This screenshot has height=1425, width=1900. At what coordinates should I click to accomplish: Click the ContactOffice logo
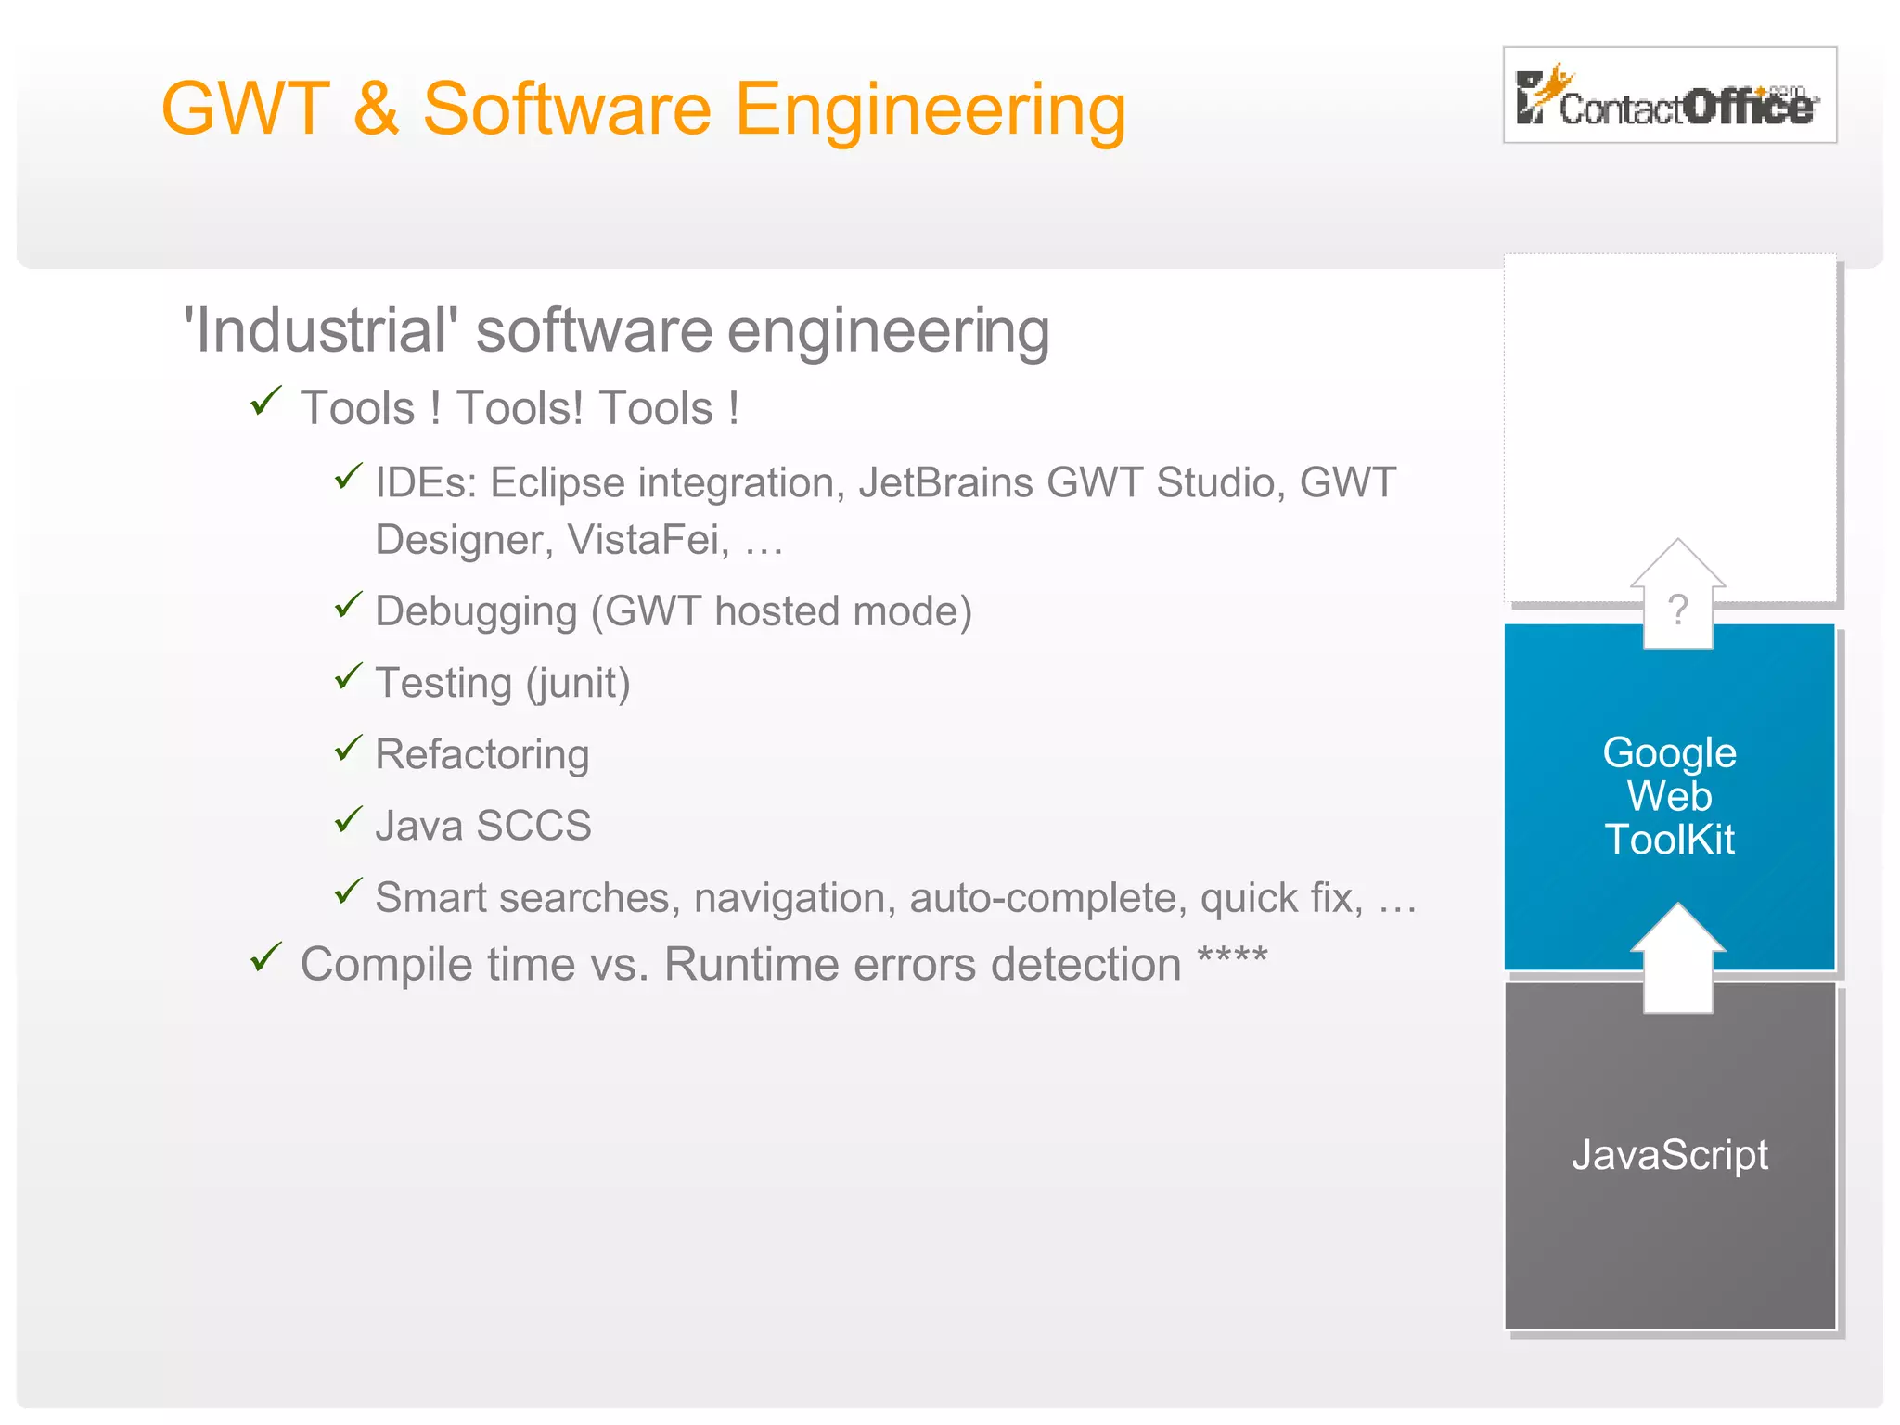click(1668, 96)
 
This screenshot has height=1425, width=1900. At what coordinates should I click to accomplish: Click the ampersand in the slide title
click(376, 109)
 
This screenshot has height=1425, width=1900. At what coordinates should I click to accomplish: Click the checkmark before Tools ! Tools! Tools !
click(266, 402)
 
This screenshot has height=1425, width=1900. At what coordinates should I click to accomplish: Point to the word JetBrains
click(944, 483)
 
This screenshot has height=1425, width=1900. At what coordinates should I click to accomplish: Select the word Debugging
click(476, 612)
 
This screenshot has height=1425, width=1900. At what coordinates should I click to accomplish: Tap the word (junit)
click(578, 684)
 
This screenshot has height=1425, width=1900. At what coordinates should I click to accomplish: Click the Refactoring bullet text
click(481, 754)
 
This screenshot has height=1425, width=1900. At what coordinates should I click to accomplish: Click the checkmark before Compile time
click(266, 957)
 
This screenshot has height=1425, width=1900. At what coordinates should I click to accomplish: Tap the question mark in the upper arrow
click(1677, 610)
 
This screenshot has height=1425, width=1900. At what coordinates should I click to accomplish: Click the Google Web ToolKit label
click(1669, 796)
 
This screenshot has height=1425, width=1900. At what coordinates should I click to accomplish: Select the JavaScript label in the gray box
click(1669, 1155)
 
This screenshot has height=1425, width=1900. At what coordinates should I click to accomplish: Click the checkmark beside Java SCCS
click(348, 820)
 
